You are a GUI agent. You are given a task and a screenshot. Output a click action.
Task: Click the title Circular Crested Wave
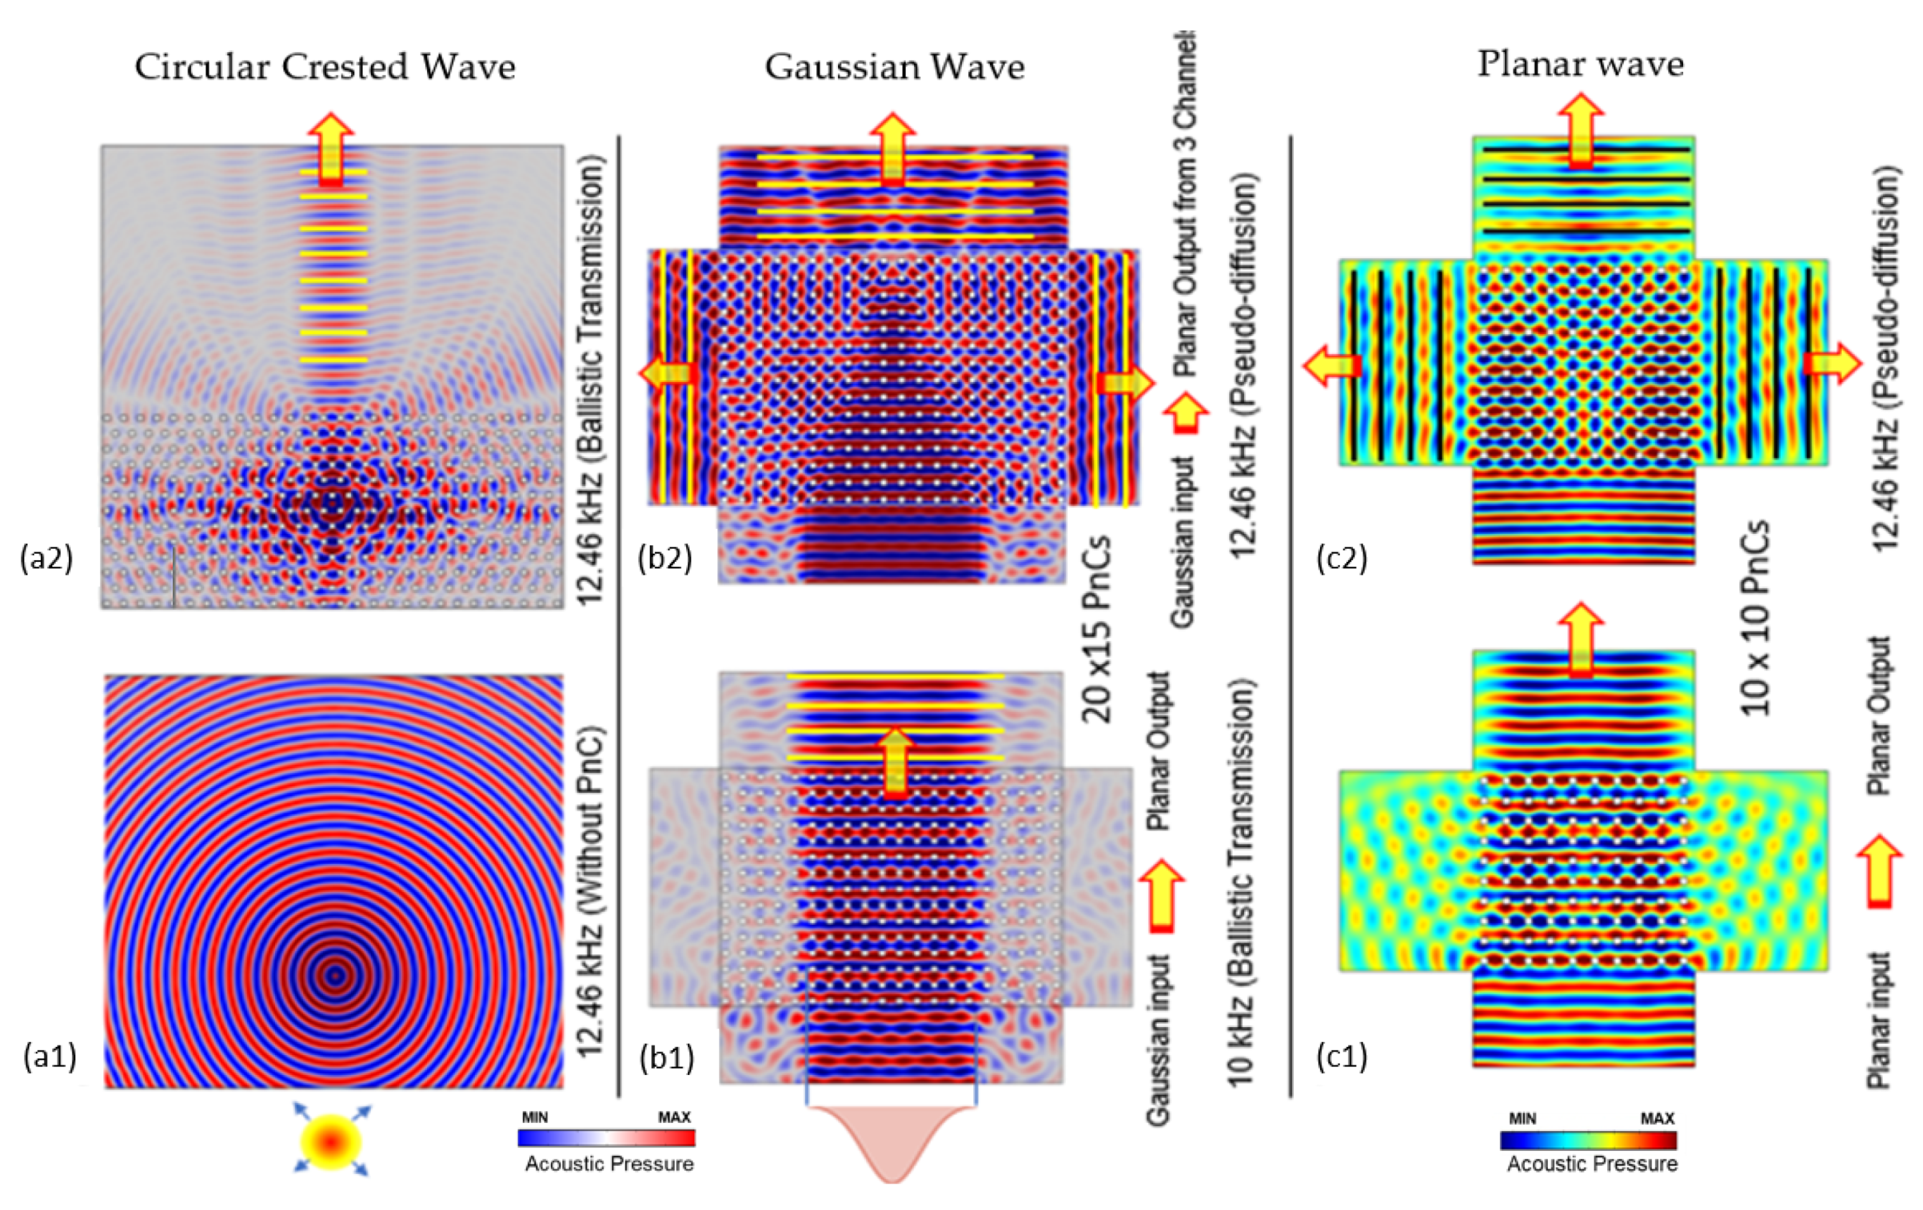pyautogui.click(x=324, y=66)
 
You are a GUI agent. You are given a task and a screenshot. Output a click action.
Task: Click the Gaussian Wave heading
pyautogui.click(x=894, y=66)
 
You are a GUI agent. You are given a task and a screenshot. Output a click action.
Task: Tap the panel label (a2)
pyautogui.click(x=46, y=559)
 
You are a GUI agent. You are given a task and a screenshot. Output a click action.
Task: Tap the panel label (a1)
pyautogui.click(x=49, y=1056)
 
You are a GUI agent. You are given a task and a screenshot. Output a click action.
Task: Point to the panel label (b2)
pyautogui.click(x=664, y=559)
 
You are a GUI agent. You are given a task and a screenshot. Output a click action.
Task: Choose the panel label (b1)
pyautogui.click(x=667, y=1057)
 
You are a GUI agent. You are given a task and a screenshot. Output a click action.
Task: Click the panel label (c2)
pyautogui.click(x=1342, y=559)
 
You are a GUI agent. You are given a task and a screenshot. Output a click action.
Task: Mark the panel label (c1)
pyautogui.click(x=1342, y=1056)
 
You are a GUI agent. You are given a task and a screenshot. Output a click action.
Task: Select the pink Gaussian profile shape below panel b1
pyautogui.click(x=892, y=1142)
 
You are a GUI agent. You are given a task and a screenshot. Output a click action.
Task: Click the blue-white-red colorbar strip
pyautogui.click(x=606, y=1138)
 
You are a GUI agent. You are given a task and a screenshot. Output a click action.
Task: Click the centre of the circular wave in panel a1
pyautogui.click(x=336, y=974)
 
